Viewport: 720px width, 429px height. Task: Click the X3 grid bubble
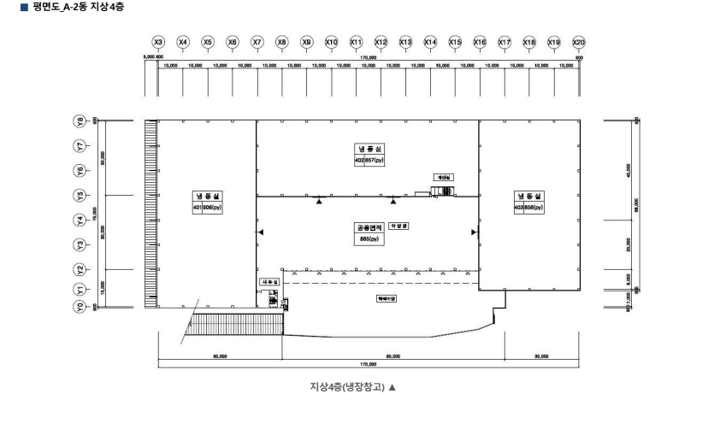157,42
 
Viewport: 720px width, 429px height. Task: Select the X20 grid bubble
579,42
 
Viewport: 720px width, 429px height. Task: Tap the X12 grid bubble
381,42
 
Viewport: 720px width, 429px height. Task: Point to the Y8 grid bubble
81,120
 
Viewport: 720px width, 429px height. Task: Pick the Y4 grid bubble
81,220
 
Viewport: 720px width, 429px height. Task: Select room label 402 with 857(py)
369,155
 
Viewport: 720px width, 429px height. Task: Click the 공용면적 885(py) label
369,233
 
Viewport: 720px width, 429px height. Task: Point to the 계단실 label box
442,177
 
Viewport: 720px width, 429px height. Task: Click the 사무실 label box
269,281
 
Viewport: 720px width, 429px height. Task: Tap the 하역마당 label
387,299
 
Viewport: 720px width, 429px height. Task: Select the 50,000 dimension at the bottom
220,356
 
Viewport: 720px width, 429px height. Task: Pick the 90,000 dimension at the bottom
392,356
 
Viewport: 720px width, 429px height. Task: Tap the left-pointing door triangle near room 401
261,232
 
